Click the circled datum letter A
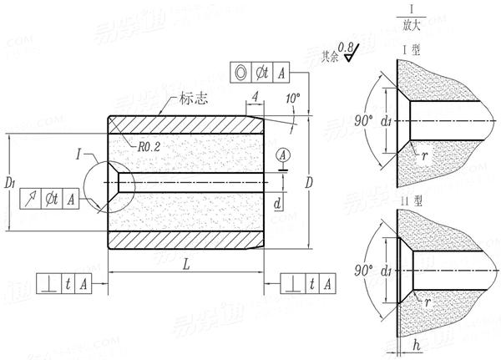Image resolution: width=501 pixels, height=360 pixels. tap(283, 155)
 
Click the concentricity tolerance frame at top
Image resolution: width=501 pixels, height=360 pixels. tap(261, 74)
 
